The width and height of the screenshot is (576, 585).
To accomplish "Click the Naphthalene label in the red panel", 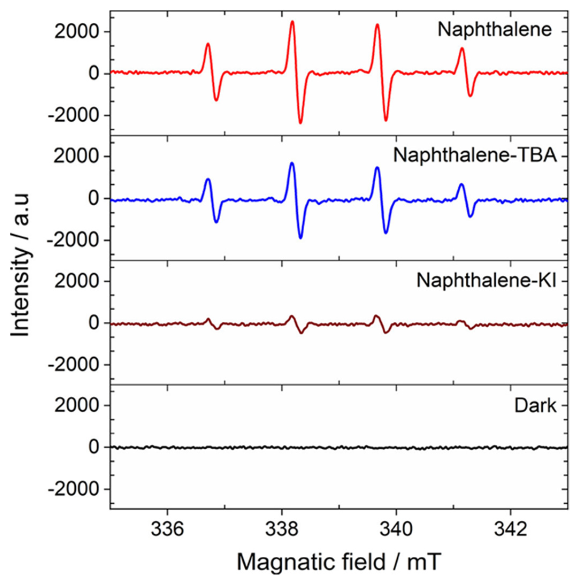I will [x=495, y=30].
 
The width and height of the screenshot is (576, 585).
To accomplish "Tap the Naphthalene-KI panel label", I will [x=486, y=281].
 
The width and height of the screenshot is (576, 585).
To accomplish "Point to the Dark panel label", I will [x=535, y=406].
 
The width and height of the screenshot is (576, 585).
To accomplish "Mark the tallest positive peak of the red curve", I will [x=292, y=21].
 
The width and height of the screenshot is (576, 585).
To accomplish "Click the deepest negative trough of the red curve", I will [x=300, y=123].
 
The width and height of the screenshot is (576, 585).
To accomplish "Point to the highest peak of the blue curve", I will [x=292, y=163].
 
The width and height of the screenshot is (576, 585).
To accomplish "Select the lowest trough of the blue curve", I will [x=300, y=238].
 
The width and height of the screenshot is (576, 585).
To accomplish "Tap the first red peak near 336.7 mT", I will [x=208, y=44].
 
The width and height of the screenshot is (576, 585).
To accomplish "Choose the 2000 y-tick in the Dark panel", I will [x=76, y=406].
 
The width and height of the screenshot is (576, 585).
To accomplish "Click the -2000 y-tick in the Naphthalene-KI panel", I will [x=73, y=365].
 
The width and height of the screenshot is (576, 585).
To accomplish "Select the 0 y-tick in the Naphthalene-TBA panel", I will [x=94, y=198].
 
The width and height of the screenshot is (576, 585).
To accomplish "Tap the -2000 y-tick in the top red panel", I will [x=73, y=115].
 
